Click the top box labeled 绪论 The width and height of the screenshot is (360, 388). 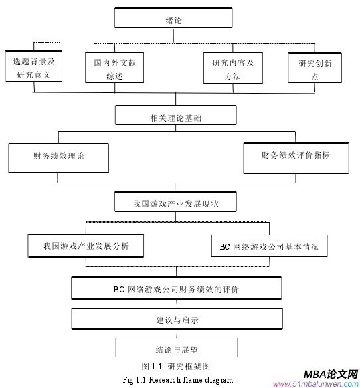tap(173, 19)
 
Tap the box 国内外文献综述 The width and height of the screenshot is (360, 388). tap(115, 68)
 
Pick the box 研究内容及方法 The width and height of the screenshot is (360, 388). tap(233, 68)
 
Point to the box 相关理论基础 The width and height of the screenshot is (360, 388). tap(175, 117)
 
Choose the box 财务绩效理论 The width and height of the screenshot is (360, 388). tap(58, 157)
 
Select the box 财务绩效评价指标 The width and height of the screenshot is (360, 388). tap(296, 157)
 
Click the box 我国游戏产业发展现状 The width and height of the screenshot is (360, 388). tap(175, 202)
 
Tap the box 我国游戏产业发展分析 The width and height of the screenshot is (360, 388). tap(86, 246)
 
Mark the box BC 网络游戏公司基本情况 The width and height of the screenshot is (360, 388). tap(269, 246)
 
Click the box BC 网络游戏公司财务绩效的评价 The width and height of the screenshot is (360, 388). tap(175, 289)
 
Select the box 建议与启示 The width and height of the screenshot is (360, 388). tap(175, 320)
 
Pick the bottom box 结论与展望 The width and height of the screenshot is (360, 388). tap(176, 348)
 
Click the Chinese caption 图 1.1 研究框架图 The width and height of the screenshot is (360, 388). tap(176, 367)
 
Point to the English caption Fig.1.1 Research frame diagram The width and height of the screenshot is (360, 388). tap(178, 380)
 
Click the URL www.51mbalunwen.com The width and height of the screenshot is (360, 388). tap(315, 384)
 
